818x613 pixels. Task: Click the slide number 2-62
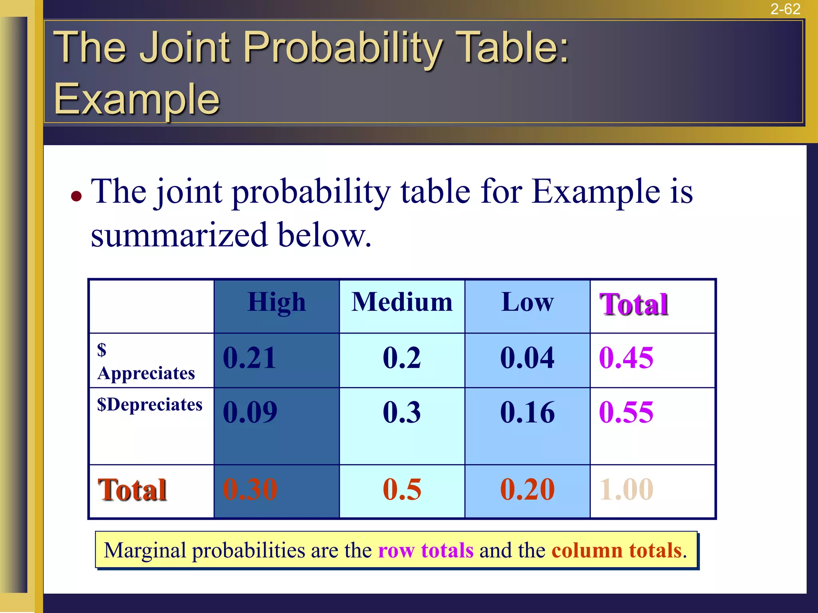click(x=785, y=9)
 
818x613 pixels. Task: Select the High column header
click(x=276, y=302)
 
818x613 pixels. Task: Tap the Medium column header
click(x=402, y=302)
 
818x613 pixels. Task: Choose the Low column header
click(x=527, y=302)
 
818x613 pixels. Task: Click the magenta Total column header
click(x=633, y=305)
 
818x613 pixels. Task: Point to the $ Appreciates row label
click(x=146, y=362)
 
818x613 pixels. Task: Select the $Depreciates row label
click(x=150, y=405)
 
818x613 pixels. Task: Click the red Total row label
click(x=132, y=490)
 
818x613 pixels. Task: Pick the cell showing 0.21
click(x=250, y=358)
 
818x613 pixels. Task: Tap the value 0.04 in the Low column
click(x=527, y=358)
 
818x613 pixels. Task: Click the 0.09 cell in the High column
click(x=250, y=412)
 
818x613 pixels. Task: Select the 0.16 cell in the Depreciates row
click(x=527, y=412)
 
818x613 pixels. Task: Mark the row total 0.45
click(x=626, y=358)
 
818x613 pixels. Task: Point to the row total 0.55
click(x=626, y=412)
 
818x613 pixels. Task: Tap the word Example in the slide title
click(x=137, y=99)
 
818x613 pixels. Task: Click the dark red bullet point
click(x=76, y=196)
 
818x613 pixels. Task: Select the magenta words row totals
click(x=425, y=550)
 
